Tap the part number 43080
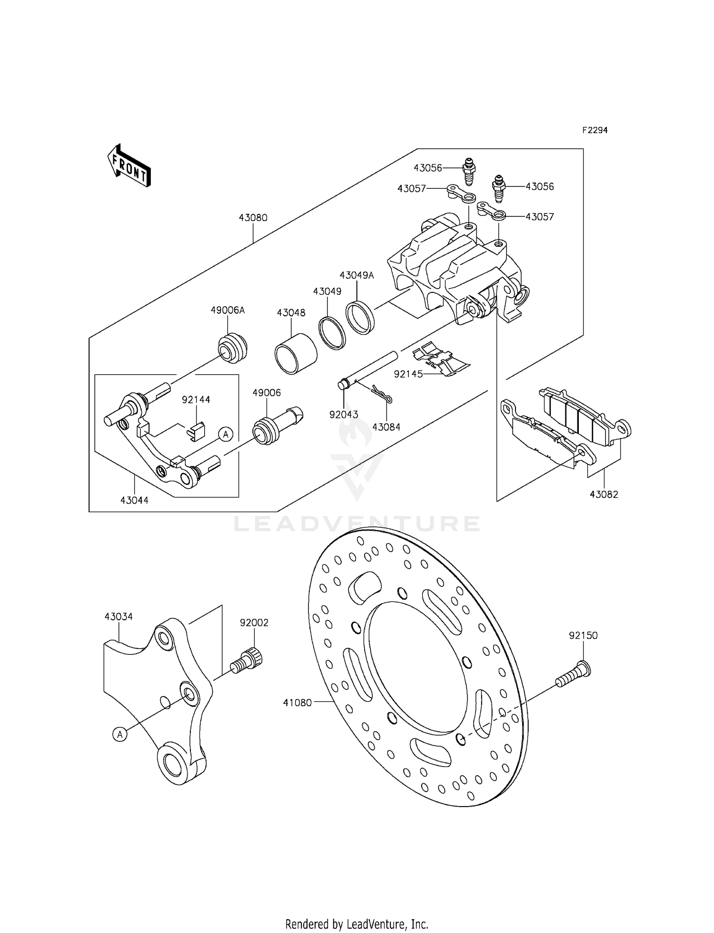pyautogui.click(x=253, y=218)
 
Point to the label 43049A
pyautogui.click(x=357, y=275)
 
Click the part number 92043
pyautogui.click(x=344, y=415)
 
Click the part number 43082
pyautogui.click(x=604, y=494)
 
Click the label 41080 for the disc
pyautogui.click(x=297, y=702)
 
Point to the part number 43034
pyautogui.click(x=119, y=616)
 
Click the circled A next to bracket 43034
pyautogui.click(x=120, y=734)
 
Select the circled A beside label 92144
pyautogui.click(x=226, y=434)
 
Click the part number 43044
pyautogui.click(x=134, y=500)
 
